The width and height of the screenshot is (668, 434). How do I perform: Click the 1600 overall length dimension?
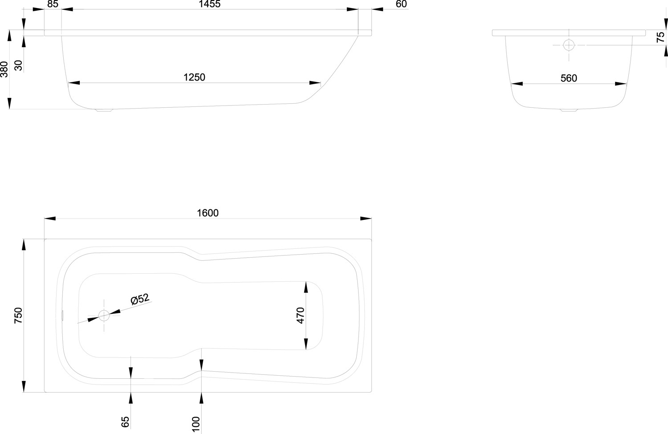click(x=208, y=213)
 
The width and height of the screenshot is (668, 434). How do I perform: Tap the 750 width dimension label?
click(x=18, y=315)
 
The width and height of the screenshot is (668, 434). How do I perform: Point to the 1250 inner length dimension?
click(x=194, y=77)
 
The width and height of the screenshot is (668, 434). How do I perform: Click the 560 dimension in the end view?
click(x=569, y=78)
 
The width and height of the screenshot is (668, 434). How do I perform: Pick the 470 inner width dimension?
click(x=300, y=315)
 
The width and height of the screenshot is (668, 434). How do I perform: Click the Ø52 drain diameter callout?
click(x=140, y=300)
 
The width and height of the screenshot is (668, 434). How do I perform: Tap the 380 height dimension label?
click(x=4, y=69)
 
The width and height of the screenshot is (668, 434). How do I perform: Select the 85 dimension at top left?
click(x=52, y=4)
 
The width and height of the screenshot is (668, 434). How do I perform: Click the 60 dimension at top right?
click(x=401, y=4)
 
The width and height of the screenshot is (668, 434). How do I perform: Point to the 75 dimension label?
click(x=661, y=37)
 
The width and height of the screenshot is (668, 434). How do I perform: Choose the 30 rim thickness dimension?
click(x=18, y=65)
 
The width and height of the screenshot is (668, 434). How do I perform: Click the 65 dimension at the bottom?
click(x=125, y=421)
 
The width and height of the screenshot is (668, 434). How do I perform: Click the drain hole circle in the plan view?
click(x=104, y=316)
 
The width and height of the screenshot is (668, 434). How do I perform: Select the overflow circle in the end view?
click(x=569, y=45)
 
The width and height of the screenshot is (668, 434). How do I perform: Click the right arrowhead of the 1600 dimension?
click(x=366, y=219)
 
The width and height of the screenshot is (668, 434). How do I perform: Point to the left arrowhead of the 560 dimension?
click(x=517, y=83)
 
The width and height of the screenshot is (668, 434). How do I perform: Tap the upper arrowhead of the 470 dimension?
click(x=306, y=287)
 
